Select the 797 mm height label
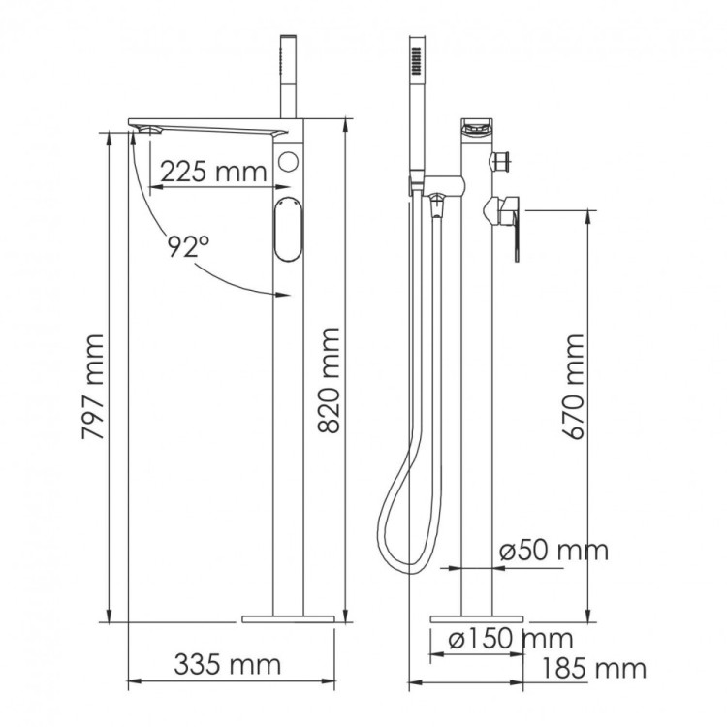pyautogui.click(x=94, y=388)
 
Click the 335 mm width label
pyautogui.click(x=227, y=665)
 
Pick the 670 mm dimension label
pyautogui.click(x=574, y=388)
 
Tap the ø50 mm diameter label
pyautogui.click(x=553, y=551)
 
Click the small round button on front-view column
pyautogui.click(x=288, y=162)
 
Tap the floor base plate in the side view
pyautogui.click(x=478, y=616)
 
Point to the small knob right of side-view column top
pyautogui.click(x=503, y=159)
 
